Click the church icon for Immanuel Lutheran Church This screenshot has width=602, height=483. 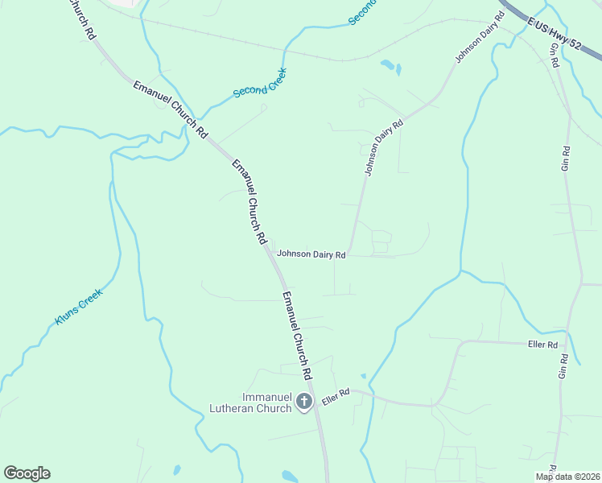[x=304, y=401]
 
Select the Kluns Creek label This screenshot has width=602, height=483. [x=79, y=306]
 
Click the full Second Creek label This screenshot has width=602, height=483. [x=259, y=82]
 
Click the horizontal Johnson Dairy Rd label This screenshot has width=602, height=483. [x=311, y=254]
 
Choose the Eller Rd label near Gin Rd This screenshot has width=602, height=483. [x=542, y=345]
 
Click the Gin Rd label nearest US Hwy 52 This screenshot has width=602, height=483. [x=555, y=55]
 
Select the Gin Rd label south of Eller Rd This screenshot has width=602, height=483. [x=563, y=365]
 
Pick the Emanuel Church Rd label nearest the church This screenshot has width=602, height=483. [x=297, y=336]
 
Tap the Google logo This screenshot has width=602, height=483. [x=27, y=473]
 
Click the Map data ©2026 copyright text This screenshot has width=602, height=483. [x=567, y=477]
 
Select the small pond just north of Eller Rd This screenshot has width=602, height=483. [x=364, y=376]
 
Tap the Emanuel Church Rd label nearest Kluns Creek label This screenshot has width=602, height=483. [x=249, y=201]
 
